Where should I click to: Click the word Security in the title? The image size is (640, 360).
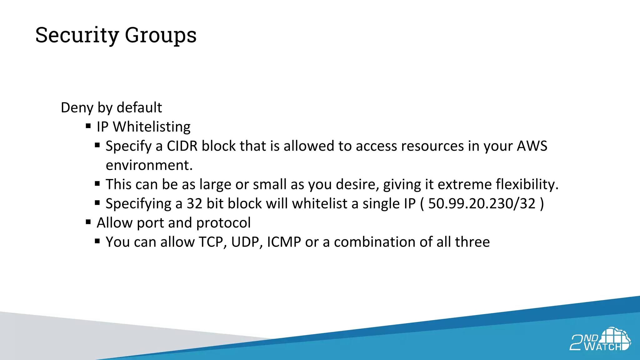click(x=77, y=35)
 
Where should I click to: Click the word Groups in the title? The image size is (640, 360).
click(x=161, y=35)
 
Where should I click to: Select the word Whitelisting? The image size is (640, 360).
click(x=152, y=127)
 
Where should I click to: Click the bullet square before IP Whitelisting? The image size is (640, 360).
click(x=88, y=126)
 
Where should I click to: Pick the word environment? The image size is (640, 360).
click(x=149, y=165)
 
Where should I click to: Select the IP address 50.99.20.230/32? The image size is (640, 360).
click(x=482, y=204)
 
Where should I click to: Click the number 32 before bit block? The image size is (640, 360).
click(x=194, y=204)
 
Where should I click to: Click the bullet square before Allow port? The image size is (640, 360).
click(x=88, y=222)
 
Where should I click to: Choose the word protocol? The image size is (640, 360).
click(x=223, y=223)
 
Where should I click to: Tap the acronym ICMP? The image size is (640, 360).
click(x=284, y=242)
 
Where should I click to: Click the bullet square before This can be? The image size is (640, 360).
click(x=97, y=184)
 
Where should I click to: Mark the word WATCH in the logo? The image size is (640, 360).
click(x=603, y=347)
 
